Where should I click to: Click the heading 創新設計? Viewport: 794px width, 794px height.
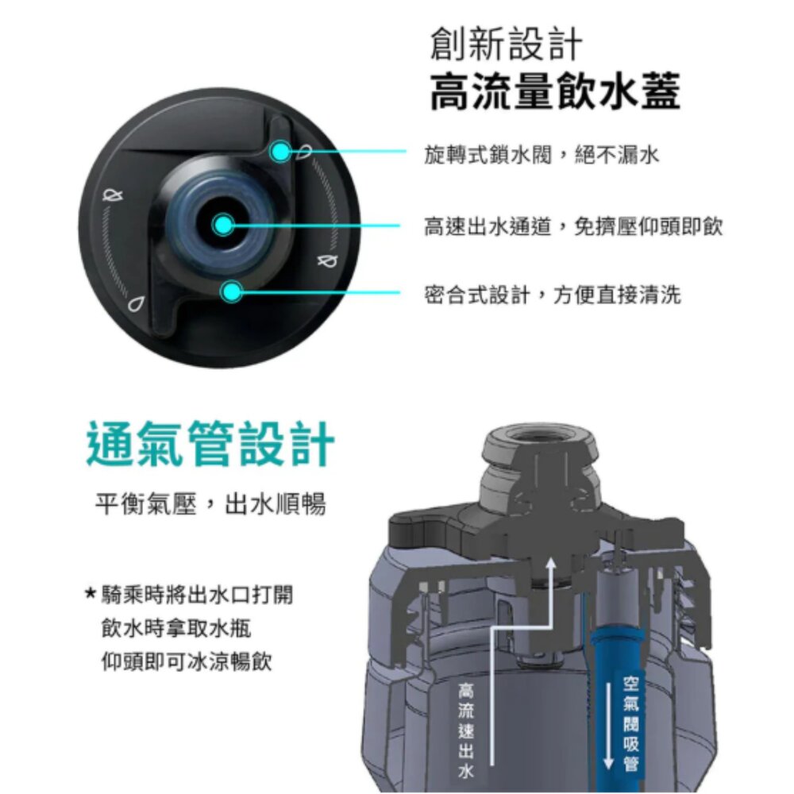(506, 44)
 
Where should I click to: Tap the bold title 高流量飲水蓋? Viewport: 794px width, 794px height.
(555, 91)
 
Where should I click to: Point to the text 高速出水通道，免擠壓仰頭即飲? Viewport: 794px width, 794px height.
(573, 226)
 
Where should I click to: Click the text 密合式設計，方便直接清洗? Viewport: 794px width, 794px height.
(553, 295)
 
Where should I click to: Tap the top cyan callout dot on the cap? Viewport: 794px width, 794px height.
(280, 151)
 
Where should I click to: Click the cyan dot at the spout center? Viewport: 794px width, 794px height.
(223, 225)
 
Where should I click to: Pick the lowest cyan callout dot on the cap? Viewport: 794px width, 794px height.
(231, 291)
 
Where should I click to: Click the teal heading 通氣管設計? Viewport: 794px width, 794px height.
(210, 444)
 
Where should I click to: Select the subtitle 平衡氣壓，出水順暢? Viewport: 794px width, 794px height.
(210, 504)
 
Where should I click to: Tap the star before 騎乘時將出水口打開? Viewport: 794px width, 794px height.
(91, 592)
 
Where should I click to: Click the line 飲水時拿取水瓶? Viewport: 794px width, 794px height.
(176, 628)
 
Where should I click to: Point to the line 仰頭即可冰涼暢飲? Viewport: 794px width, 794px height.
(187, 661)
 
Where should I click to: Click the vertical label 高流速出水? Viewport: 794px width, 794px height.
(466, 730)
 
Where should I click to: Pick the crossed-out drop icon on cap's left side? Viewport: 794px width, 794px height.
(113, 195)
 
